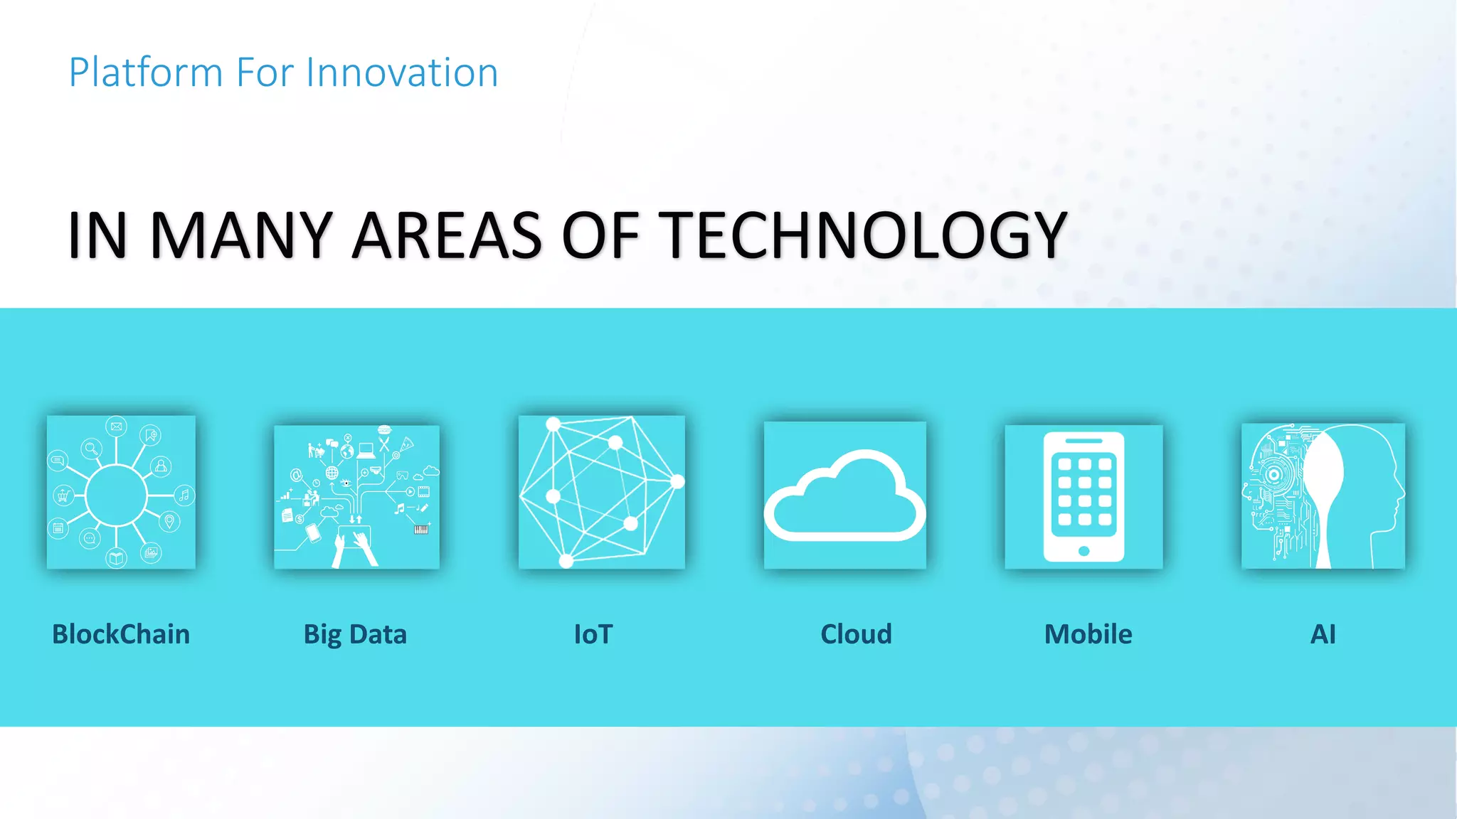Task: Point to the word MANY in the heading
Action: click(x=241, y=235)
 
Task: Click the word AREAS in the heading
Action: click(x=447, y=235)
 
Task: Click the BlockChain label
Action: click(x=121, y=634)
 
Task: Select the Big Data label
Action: click(x=355, y=634)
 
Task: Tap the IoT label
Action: click(x=593, y=634)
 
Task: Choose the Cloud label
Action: click(x=856, y=634)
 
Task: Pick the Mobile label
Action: click(x=1088, y=634)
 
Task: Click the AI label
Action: click(x=1323, y=634)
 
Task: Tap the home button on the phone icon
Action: click(x=1084, y=551)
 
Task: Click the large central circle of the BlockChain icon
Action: click(x=117, y=496)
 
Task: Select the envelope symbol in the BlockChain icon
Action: click(x=116, y=427)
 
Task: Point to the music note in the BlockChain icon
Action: click(x=184, y=495)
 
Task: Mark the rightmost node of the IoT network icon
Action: click(x=677, y=482)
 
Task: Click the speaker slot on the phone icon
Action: click(x=1084, y=441)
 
